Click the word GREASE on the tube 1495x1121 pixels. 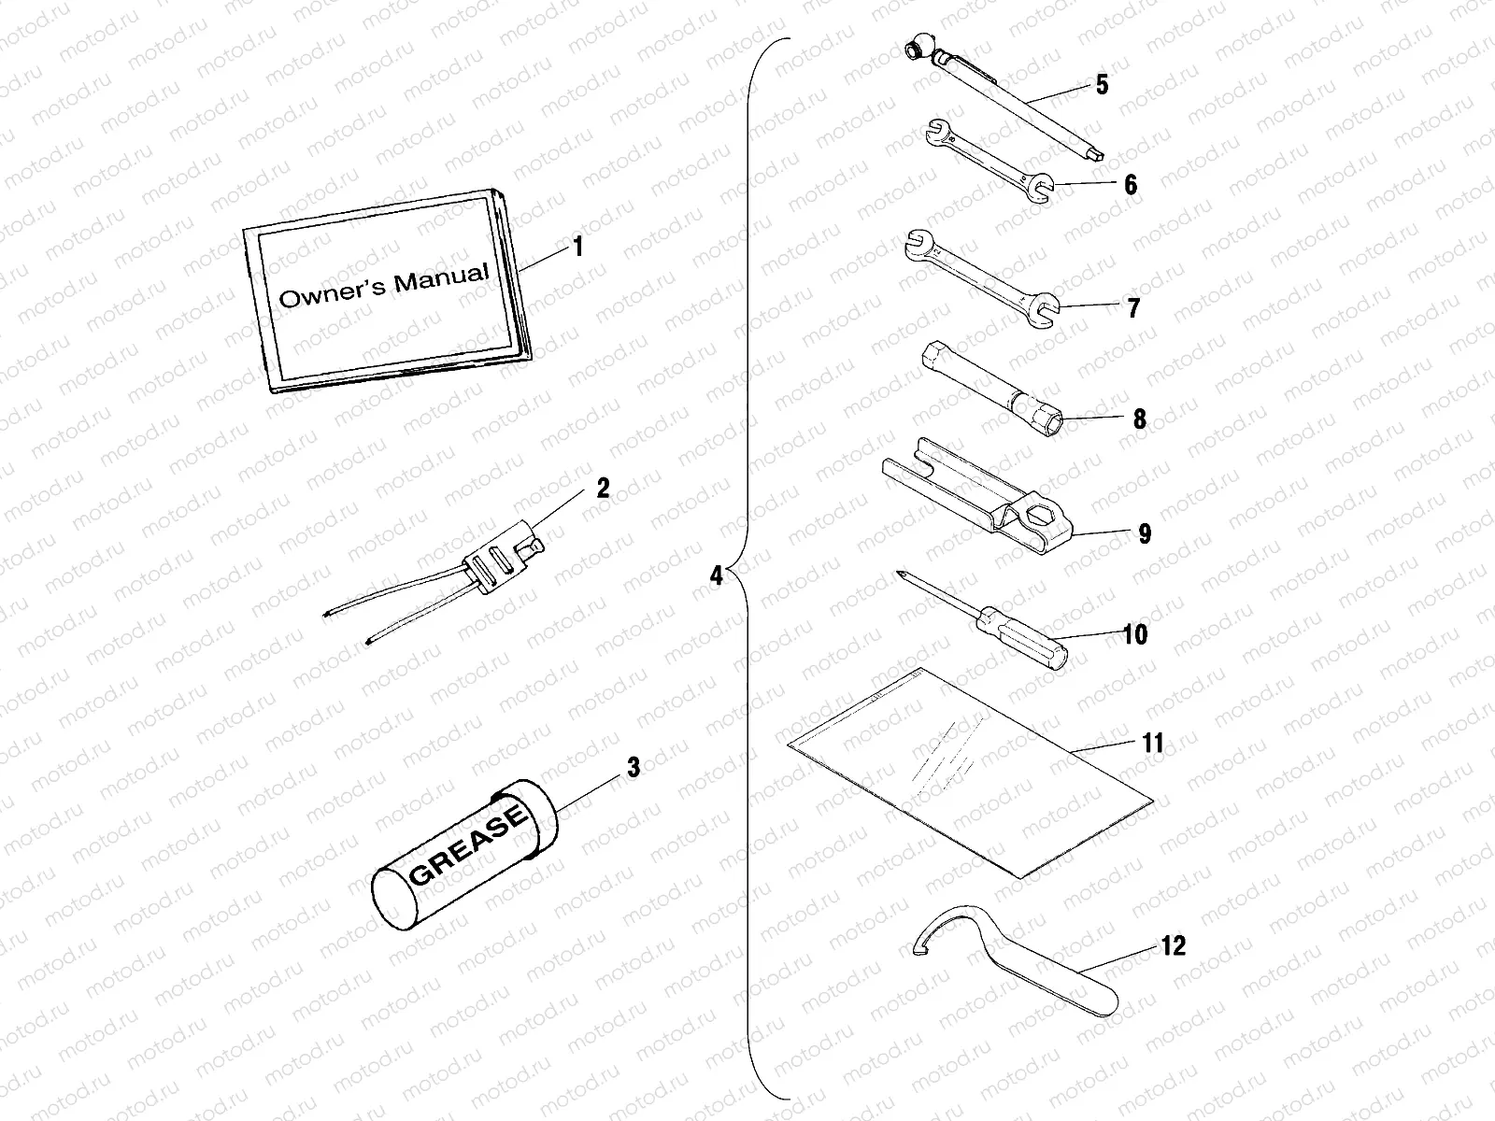468,845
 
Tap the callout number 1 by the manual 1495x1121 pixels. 578,248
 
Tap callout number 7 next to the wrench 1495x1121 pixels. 1133,307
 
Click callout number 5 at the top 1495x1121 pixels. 1103,85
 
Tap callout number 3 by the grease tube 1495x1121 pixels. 634,768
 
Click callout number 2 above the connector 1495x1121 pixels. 603,488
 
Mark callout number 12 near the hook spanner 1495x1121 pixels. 1174,946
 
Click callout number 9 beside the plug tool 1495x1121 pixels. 1145,533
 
